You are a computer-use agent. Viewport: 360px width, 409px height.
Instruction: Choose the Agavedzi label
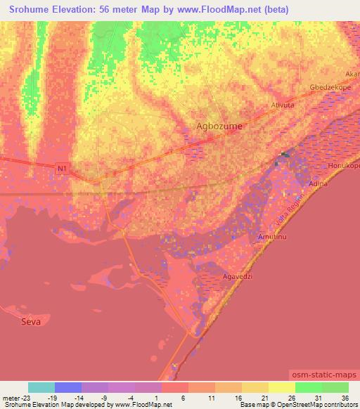[236, 276]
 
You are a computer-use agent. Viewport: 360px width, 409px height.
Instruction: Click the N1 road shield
[63, 167]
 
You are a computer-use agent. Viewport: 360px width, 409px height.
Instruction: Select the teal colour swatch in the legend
[41, 387]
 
